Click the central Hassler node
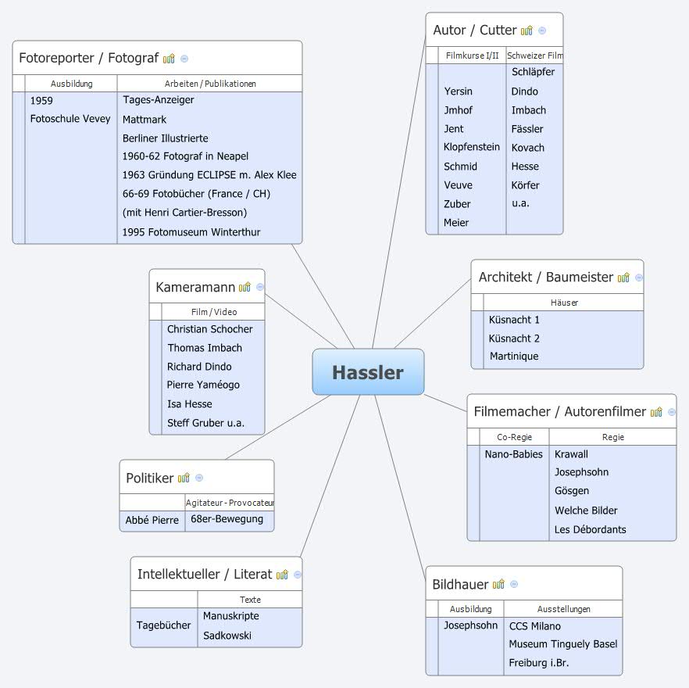tap(368, 372)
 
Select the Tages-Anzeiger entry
tap(158, 100)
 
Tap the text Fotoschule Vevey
tap(70, 119)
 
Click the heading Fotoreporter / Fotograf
tap(88, 58)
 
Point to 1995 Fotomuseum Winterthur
tap(191, 232)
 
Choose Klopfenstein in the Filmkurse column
tap(471, 147)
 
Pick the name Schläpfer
tap(533, 72)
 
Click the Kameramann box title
tap(195, 287)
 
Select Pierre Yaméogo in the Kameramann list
tap(203, 385)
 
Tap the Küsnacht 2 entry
tap(514, 339)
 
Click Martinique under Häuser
tap(514, 357)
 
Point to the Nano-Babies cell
tap(513, 454)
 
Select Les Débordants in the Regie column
tap(590, 529)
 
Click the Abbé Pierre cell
tap(152, 520)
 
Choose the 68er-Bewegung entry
tap(227, 519)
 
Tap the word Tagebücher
tap(163, 625)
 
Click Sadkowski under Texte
tap(227, 636)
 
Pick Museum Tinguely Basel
tap(562, 644)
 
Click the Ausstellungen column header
tap(563, 609)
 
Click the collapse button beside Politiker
tap(199, 478)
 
